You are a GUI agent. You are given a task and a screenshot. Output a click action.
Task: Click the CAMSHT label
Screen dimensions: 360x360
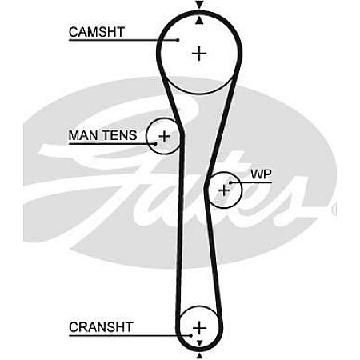[x=97, y=32]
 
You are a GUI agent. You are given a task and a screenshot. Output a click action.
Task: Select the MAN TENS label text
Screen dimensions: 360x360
[x=102, y=135]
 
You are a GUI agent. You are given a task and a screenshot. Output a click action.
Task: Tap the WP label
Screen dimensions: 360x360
[x=261, y=174]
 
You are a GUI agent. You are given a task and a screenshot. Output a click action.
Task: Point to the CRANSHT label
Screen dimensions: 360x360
[x=101, y=327]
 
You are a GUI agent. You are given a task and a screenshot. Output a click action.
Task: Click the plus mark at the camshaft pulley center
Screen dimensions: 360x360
[x=199, y=54]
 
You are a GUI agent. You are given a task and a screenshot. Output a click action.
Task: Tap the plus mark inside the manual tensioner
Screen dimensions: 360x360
[x=164, y=136]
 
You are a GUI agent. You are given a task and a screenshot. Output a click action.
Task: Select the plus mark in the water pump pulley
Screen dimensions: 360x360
[x=224, y=190]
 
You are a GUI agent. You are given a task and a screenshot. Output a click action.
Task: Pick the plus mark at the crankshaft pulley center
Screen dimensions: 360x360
[x=199, y=327]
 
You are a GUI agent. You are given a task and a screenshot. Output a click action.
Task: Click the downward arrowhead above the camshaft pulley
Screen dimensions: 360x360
[x=199, y=5]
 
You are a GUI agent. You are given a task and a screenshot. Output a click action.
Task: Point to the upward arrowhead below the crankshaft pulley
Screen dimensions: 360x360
[x=199, y=356]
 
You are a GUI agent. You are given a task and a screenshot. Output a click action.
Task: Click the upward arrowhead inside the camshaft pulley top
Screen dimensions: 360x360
[x=199, y=21]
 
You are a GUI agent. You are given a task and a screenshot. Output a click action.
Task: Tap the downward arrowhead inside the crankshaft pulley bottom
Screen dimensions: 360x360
[x=199, y=343]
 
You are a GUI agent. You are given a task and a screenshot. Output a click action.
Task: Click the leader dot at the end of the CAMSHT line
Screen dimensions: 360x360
[x=178, y=40]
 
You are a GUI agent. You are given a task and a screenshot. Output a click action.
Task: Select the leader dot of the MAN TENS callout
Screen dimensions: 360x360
[x=156, y=143]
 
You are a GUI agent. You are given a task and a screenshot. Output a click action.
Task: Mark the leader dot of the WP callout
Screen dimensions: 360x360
[x=230, y=182]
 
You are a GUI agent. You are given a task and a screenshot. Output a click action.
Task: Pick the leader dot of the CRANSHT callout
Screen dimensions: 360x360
[x=190, y=336]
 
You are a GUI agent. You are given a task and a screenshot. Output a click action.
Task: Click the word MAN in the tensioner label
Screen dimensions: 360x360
[x=84, y=135]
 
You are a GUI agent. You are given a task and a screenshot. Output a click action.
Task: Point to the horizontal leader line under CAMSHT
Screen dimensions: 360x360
[x=123, y=40]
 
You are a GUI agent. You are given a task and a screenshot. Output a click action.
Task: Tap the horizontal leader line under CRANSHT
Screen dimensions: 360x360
[x=130, y=336]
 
